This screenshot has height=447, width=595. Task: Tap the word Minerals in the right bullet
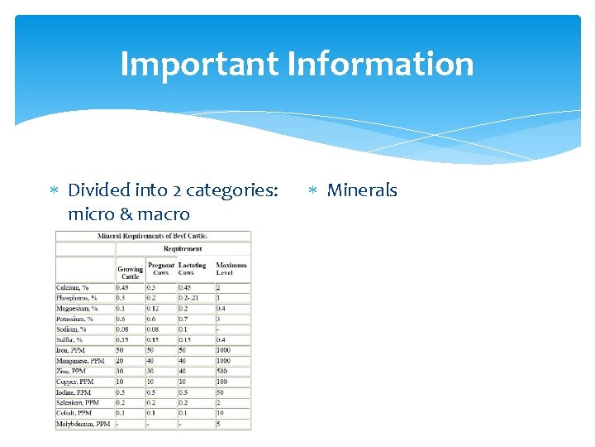pos(362,190)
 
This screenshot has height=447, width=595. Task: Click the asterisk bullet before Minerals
pos(312,191)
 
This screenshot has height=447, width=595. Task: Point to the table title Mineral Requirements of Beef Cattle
pos(152,236)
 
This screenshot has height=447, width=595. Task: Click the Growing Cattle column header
pos(130,272)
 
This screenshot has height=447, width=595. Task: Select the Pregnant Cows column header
pos(161,269)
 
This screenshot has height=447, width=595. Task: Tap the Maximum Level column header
pos(231,269)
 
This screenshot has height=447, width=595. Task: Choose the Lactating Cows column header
pos(193,269)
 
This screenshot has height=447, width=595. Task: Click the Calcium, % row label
pos(74,288)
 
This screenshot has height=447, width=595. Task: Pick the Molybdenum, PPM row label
pos(83,424)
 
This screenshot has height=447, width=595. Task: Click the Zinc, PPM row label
pos(72,372)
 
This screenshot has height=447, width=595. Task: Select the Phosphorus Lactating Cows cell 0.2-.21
pos(189,298)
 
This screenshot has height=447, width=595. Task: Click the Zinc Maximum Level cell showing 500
pos(222,372)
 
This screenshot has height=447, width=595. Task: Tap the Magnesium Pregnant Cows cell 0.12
pos(155,309)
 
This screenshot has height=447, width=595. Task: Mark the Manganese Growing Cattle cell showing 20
pos(121,361)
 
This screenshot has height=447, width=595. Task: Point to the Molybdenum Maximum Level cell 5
pos(218,424)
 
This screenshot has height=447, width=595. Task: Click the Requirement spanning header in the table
pos(183,248)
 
